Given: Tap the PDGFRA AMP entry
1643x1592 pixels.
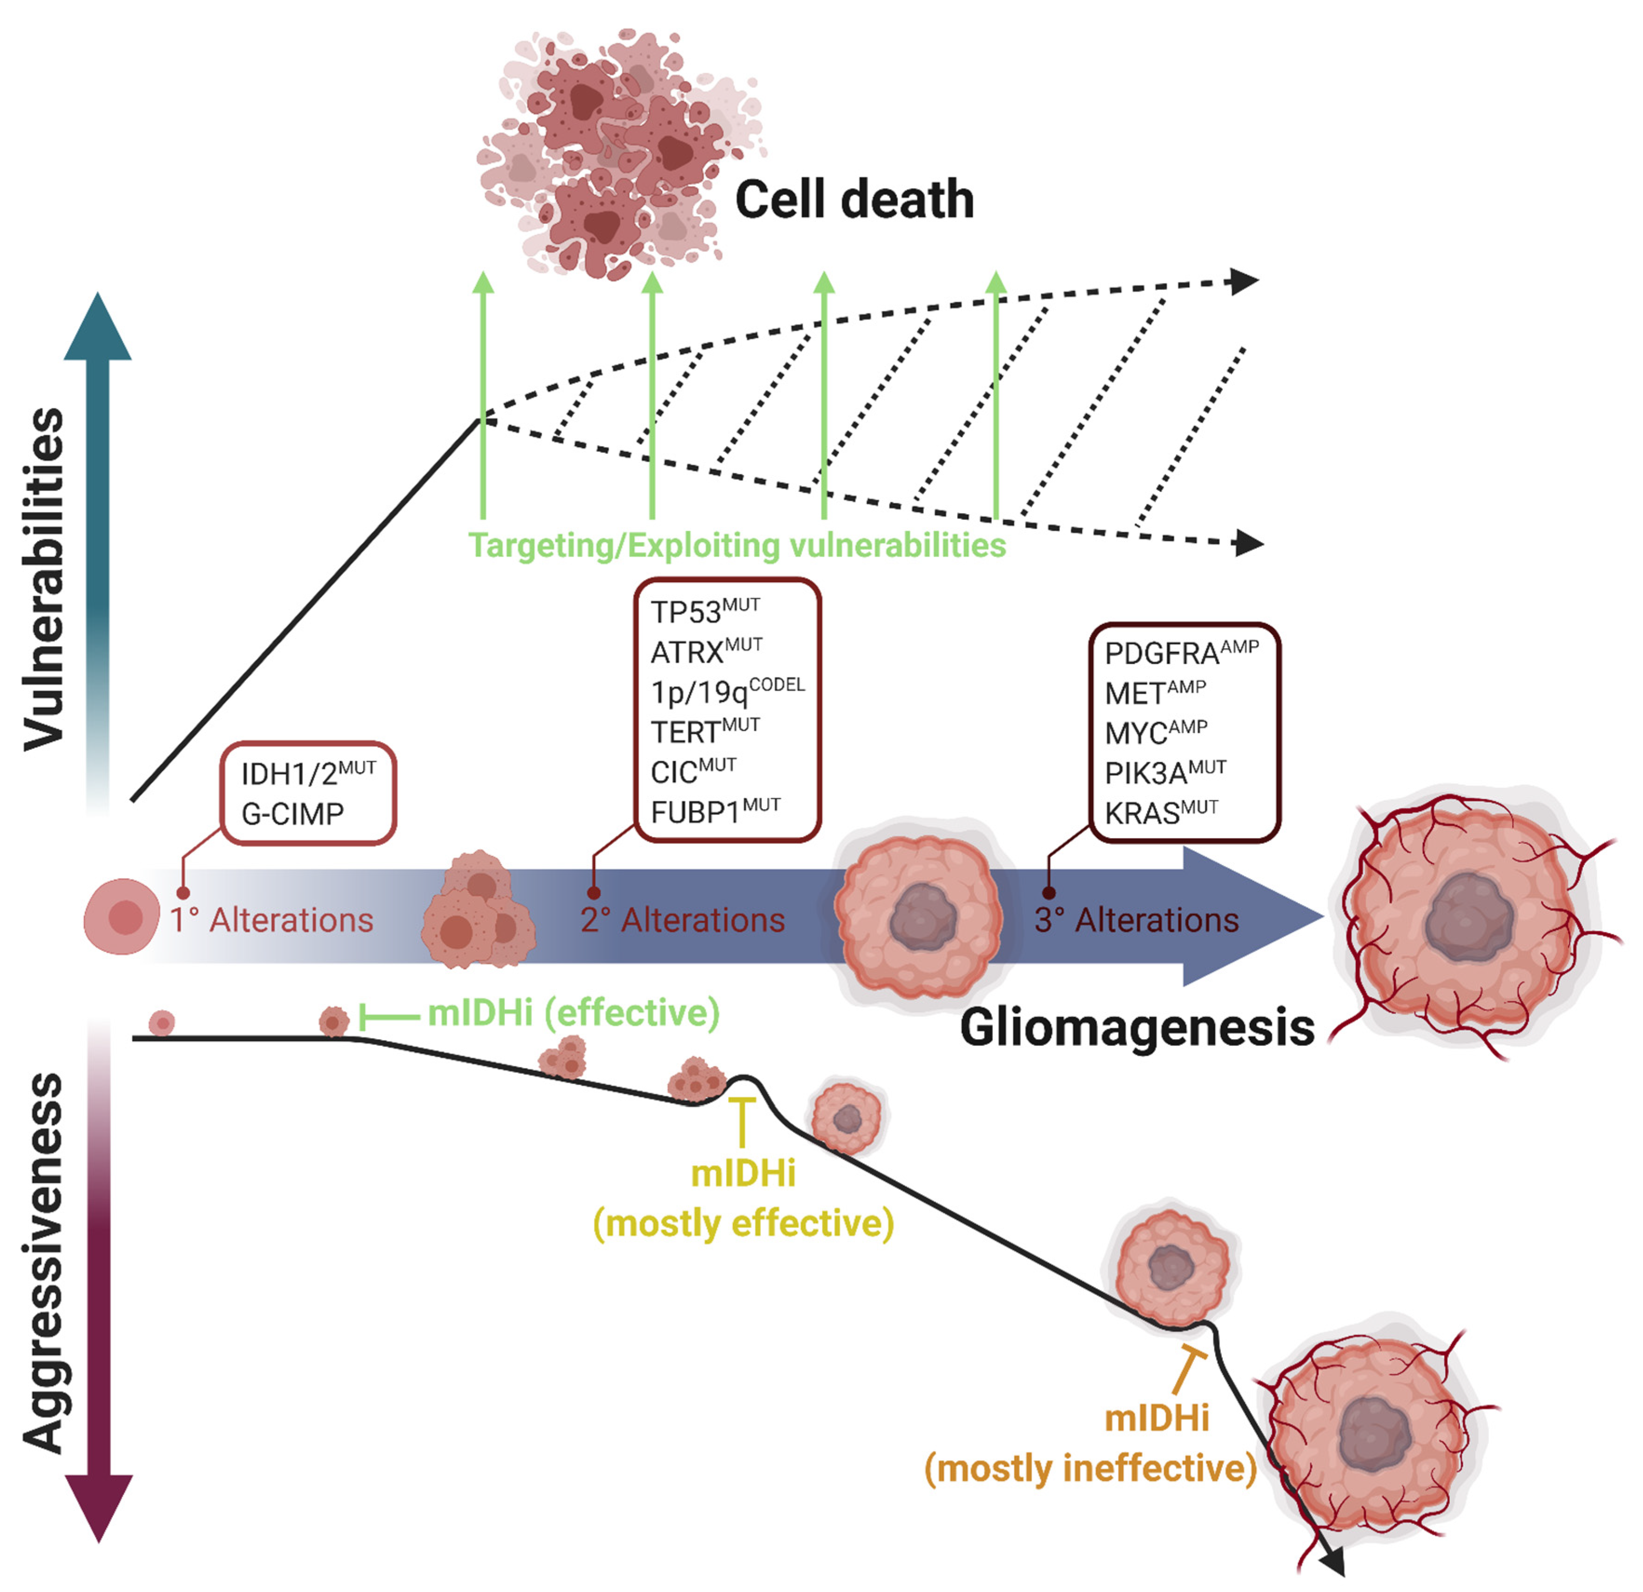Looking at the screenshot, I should click(x=1180, y=652).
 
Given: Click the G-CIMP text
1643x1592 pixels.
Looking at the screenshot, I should click(x=292, y=813).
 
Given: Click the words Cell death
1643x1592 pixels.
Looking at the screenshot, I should click(x=853, y=201).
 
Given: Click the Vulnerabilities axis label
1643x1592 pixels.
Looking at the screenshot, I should click(x=44, y=578).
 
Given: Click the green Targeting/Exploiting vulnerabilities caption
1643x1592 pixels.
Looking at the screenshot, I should click(x=736, y=545).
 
